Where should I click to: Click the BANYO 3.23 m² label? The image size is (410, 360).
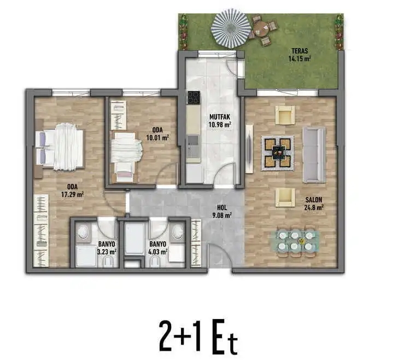click(107, 248)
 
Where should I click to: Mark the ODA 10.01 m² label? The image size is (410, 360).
click(158, 133)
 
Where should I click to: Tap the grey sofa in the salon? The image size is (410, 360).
click(314, 154)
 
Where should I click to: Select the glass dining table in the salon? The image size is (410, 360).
click(295, 241)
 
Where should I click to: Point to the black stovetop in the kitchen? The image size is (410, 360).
click(193, 97)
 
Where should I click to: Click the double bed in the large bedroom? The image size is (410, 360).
click(61, 147)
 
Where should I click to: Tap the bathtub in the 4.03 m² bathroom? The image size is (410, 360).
click(134, 239)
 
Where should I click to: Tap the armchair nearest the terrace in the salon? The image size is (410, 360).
click(284, 114)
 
